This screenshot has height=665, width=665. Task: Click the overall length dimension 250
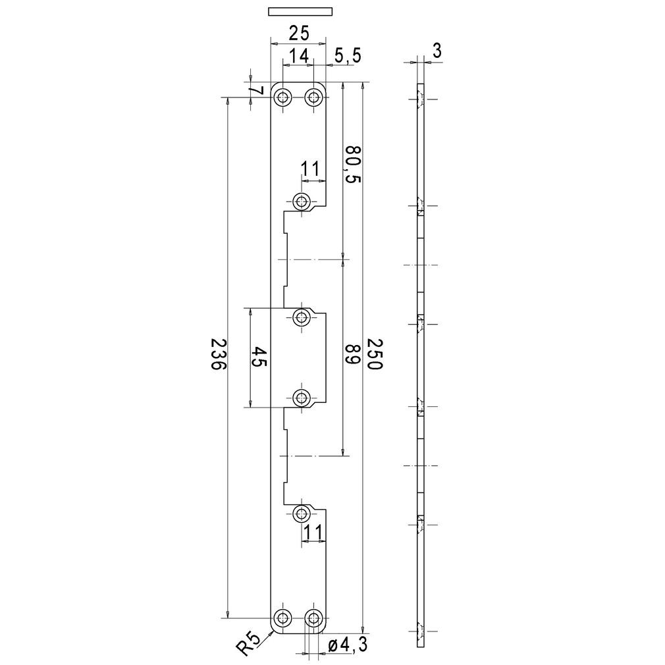click(x=375, y=354)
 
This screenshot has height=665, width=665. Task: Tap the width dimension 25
click(x=298, y=33)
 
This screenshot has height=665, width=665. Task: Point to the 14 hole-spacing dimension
click(x=298, y=55)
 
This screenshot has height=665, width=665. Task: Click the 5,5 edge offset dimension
click(x=348, y=55)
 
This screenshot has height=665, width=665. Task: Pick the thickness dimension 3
click(x=437, y=51)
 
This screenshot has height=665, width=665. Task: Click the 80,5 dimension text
click(x=352, y=164)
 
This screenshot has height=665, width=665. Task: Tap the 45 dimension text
click(x=259, y=357)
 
